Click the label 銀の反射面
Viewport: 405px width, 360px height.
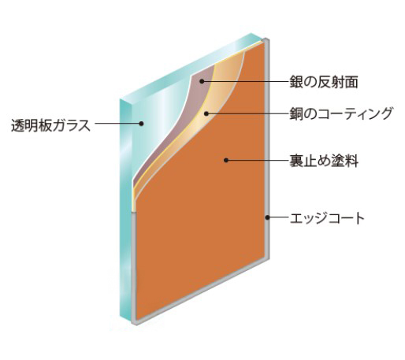pos(324,82)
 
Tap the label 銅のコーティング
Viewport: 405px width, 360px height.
pos(341,113)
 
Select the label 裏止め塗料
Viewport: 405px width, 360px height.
pos(324,160)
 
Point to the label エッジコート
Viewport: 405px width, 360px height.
pos(327,218)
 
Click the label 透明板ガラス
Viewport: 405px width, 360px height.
pos(51,125)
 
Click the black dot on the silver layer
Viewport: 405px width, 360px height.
pos(202,81)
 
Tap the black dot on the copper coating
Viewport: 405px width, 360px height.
pos(206,113)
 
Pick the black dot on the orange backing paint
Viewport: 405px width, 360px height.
pos(226,160)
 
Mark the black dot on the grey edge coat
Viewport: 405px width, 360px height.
pos(267,217)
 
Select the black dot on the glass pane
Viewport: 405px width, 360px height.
pos(141,123)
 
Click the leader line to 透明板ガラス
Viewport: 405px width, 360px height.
pos(117,123)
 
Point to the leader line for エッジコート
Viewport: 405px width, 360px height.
pos(279,217)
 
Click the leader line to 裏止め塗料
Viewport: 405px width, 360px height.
pos(258,160)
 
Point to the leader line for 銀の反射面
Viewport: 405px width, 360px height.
pos(247,81)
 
